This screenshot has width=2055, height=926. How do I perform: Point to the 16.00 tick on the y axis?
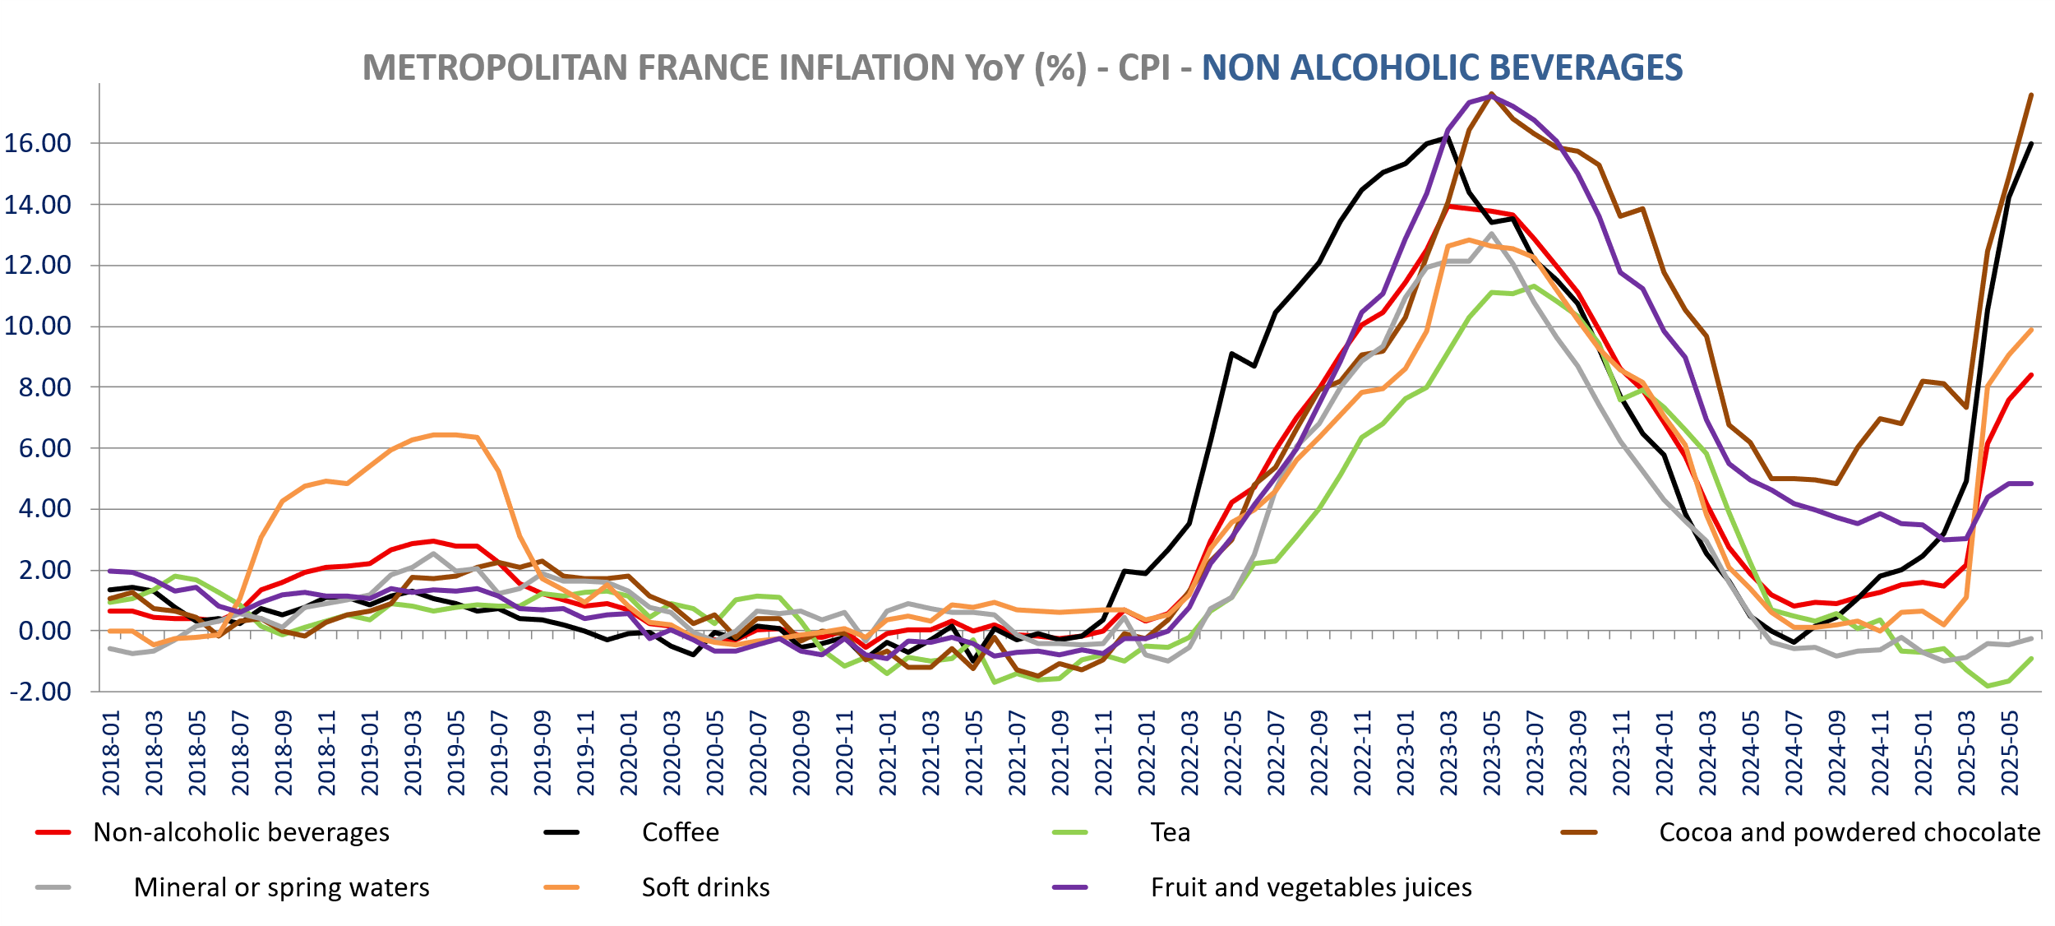point(38,143)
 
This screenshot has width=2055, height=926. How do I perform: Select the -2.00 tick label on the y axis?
point(40,692)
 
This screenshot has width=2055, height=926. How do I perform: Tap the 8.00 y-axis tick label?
point(44,387)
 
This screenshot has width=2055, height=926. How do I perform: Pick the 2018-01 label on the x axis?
point(111,753)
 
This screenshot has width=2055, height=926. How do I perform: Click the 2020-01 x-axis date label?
point(629,753)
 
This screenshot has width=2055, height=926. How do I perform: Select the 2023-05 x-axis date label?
point(1492,753)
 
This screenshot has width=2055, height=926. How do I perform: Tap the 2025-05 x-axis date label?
point(2010,753)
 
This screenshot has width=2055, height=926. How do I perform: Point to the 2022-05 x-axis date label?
point(1233,753)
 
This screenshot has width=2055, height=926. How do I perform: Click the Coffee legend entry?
point(680,832)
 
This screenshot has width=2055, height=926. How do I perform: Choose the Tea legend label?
point(1170,832)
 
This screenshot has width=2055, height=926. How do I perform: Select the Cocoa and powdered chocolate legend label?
point(1849,832)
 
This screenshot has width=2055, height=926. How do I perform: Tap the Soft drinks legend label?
point(705,887)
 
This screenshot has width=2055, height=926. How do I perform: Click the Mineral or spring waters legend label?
point(281,887)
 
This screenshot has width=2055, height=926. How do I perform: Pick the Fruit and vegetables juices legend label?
point(1311,887)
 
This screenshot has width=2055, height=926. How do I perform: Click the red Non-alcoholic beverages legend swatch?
point(53,832)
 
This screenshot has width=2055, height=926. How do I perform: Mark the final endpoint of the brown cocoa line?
point(2031,95)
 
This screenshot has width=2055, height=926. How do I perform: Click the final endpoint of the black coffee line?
point(2031,144)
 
